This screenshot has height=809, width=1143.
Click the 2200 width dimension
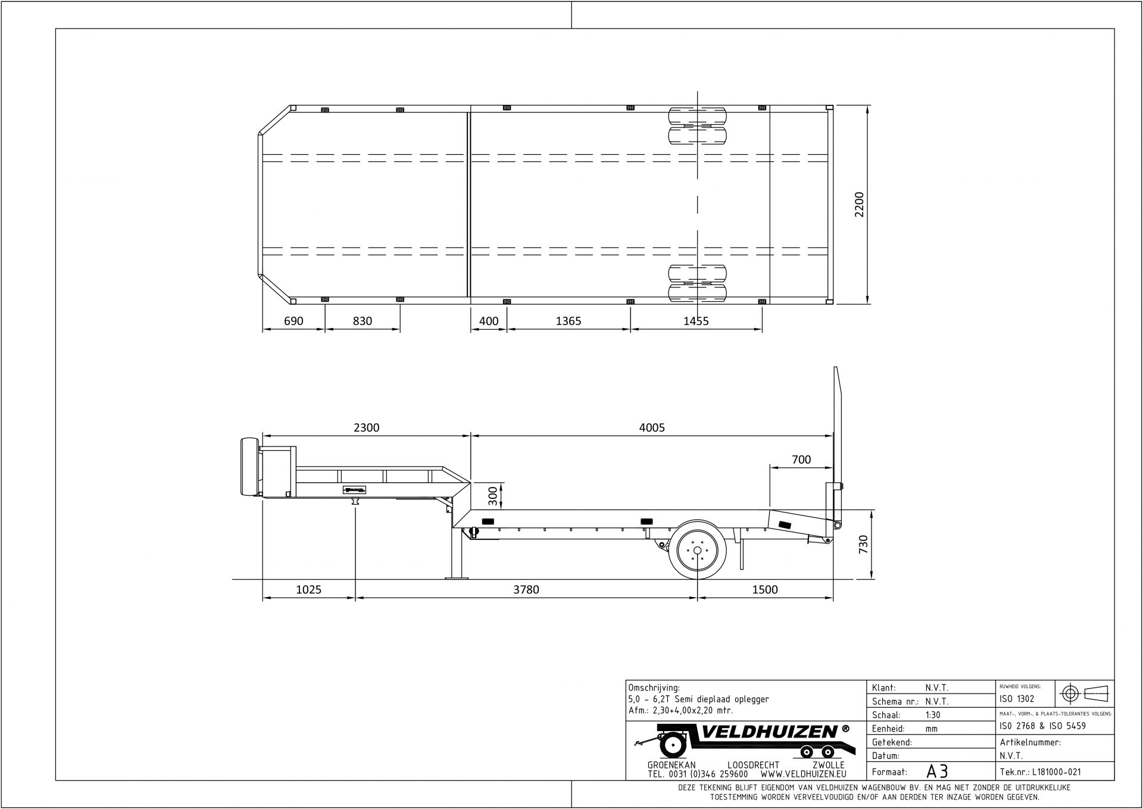click(x=859, y=204)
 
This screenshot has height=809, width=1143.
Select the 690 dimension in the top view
click(x=293, y=321)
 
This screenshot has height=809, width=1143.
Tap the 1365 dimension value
click(x=568, y=321)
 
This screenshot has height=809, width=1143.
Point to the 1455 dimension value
click(x=696, y=321)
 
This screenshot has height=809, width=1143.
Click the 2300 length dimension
click(x=366, y=427)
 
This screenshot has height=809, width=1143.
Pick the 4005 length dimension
click(x=652, y=427)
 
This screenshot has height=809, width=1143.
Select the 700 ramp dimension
click(x=801, y=460)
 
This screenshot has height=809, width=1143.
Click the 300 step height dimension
click(x=493, y=495)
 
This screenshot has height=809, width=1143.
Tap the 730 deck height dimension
click(x=864, y=544)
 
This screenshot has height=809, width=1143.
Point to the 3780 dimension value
click(x=526, y=589)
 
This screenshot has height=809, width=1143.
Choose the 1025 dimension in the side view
click(x=308, y=589)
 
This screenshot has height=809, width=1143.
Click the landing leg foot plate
click(x=457, y=577)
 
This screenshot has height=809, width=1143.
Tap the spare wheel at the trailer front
click(x=248, y=467)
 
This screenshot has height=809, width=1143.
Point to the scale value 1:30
click(x=933, y=715)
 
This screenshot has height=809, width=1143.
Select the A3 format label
click(x=937, y=771)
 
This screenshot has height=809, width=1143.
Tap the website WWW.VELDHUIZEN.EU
click(x=803, y=774)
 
